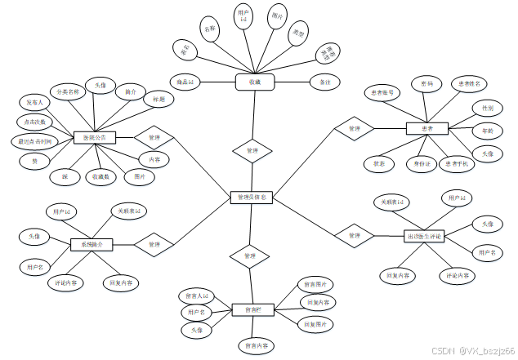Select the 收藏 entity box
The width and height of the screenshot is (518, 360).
pyautogui.click(x=253, y=82)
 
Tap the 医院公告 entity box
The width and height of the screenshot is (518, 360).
pyautogui.click(x=95, y=137)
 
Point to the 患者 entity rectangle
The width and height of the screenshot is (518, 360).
pyautogui.click(x=426, y=128)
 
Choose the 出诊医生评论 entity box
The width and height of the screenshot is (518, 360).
pyautogui.click(x=422, y=237)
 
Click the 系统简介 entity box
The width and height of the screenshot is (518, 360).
pyautogui.click(x=91, y=244)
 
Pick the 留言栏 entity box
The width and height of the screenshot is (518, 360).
pyautogui.click(x=252, y=309)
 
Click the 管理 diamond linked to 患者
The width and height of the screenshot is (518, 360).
pyautogui.click(x=353, y=129)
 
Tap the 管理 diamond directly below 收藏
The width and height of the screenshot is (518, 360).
pyautogui.click(x=252, y=151)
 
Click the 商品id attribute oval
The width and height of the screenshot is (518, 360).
pyautogui.click(x=185, y=82)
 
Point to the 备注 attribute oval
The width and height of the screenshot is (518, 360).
pyautogui.click(x=324, y=82)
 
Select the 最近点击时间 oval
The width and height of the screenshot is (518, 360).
pyautogui.click(x=36, y=141)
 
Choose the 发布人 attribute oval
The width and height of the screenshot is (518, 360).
pyautogui.click(x=34, y=103)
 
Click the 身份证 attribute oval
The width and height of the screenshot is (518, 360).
pyautogui.click(x=422, y=163)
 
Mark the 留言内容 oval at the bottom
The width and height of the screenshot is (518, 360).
pyautogui.click(x=257, y=346)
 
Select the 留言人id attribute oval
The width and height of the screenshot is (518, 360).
pyautogui.click(x=194, y=296)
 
